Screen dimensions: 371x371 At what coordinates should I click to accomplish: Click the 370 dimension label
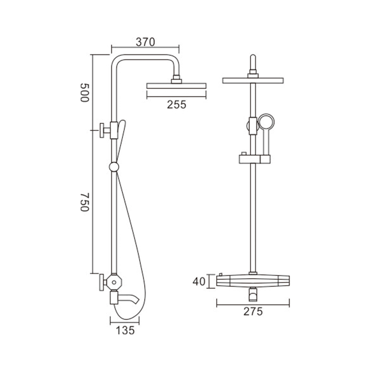tap(145, 42)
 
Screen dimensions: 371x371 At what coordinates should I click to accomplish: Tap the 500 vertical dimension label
tap(84, 92)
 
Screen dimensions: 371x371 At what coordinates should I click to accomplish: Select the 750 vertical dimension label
tap(84, 202)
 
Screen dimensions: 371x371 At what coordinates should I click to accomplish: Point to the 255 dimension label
tap(177, 105)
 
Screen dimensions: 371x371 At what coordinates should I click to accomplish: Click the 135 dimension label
tap(125, 331)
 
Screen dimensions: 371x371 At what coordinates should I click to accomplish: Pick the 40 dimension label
tap(199, 281)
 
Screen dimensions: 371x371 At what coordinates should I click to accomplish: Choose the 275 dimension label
tap(253, 311)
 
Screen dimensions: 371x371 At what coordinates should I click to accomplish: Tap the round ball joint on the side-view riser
tap(114, 167)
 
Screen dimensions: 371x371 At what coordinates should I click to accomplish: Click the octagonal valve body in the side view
tap(114, 282)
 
